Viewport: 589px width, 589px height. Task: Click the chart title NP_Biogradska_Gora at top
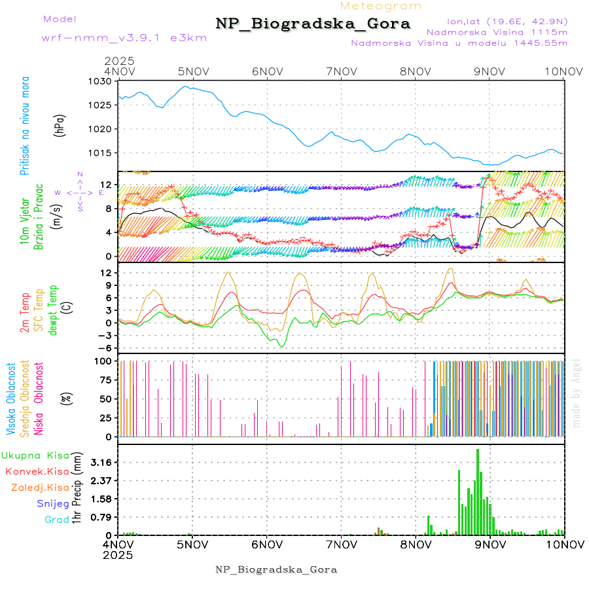(313, 24)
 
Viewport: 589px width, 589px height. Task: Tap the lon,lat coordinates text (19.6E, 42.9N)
(507, 20)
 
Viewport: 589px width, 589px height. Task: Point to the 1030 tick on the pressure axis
(103, 81)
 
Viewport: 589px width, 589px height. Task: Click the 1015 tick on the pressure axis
(103, 152)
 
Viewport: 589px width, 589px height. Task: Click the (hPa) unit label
(60, 124)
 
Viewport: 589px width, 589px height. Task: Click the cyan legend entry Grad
(57, 520)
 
